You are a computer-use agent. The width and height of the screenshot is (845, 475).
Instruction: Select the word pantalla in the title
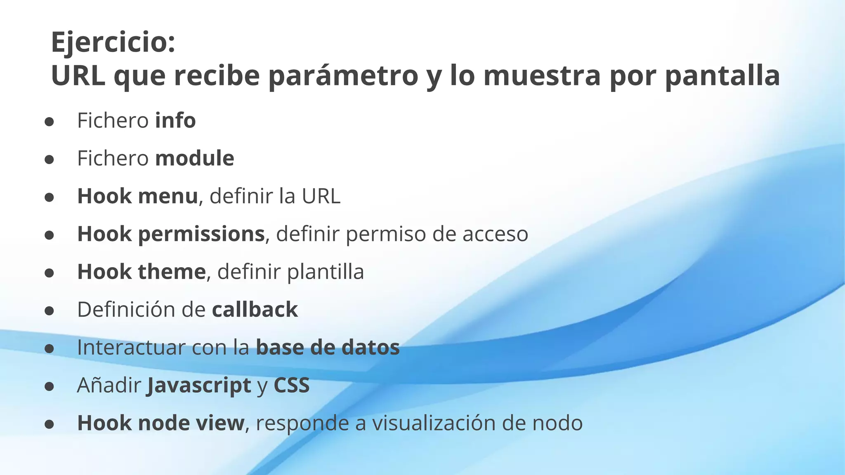(722, 76)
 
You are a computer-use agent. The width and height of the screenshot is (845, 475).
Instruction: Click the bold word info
(175, 121)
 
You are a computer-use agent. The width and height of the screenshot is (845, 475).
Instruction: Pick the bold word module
(195, 158)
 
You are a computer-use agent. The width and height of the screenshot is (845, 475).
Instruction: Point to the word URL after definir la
(321, 196)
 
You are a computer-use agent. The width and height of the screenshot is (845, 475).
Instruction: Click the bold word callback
(255, 310)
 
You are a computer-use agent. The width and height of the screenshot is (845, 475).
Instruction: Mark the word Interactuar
(131, 348)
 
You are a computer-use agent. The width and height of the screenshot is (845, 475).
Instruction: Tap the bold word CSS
(291, 386)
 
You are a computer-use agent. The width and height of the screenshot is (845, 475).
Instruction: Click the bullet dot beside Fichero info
(49, 122)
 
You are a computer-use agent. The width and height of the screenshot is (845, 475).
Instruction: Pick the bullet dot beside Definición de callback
(49, 310)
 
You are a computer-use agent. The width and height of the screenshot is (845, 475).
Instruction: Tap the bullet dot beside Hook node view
(49, 424)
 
